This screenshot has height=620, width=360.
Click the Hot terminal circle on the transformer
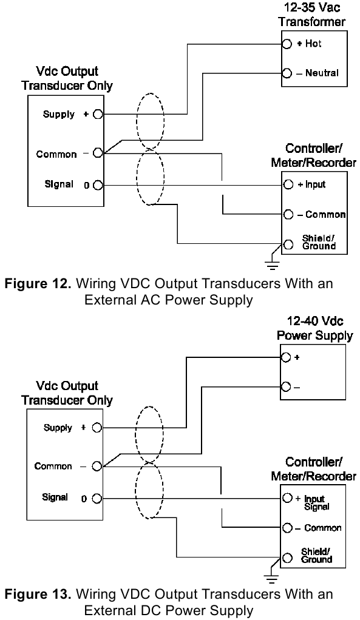pos(286,44)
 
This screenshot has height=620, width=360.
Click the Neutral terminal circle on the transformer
pos(286,73)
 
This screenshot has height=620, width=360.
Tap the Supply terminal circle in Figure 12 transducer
pos(98,114)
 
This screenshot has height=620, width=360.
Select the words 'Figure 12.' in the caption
pos(36,283)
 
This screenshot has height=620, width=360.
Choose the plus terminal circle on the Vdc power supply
pos(286,358)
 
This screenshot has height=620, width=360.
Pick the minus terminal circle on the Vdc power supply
pos(286,386)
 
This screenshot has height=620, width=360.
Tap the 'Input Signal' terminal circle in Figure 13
pos(286,498)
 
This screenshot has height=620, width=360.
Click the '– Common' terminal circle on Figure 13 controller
pos(286,528)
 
